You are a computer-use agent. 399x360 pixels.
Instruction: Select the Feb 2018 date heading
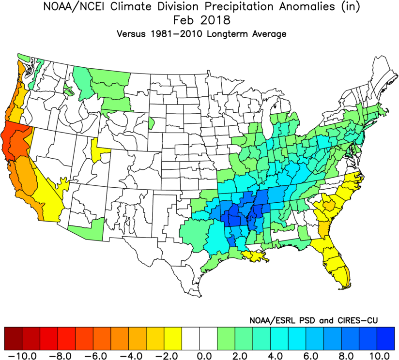point(200,21)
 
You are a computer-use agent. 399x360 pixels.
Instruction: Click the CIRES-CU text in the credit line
point(355,320)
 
